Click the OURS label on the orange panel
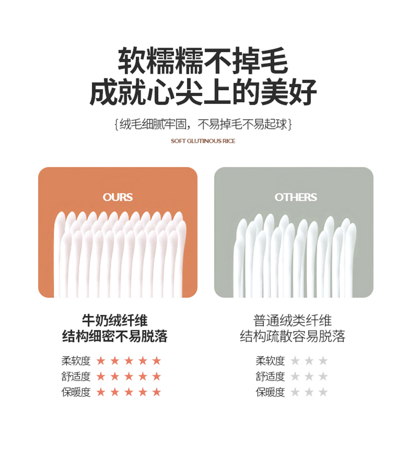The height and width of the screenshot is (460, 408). (118, 197)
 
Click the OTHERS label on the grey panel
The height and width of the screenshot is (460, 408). (295, 197)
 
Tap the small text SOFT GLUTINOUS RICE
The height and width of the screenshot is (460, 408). (203, 141)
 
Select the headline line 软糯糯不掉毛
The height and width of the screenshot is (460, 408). (203, 60)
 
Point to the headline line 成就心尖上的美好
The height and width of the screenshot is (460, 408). (203, 91)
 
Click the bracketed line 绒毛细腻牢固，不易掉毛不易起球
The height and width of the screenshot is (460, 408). (203, 124)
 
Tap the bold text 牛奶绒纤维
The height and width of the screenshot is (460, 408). (115, 321)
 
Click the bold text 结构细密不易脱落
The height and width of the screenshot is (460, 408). (115, 336)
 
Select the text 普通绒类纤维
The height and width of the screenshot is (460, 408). (292, 321)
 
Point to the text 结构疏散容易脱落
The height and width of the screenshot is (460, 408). (292, 336)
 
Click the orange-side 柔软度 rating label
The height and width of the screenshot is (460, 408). (76, 361)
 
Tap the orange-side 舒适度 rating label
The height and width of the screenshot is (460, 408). (76, 376)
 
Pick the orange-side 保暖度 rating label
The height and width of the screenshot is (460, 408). (76, 392)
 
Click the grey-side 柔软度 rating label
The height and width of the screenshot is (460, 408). (270, 361)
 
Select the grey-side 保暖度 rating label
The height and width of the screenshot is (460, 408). (270, 392)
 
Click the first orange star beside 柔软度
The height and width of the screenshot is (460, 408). (101, 360)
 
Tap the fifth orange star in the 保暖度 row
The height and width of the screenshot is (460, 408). (156, 392)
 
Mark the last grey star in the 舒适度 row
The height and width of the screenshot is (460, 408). (323, 376)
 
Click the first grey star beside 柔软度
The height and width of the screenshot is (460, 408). (295, 360)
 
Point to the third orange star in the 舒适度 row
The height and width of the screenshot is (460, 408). (129, 376)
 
